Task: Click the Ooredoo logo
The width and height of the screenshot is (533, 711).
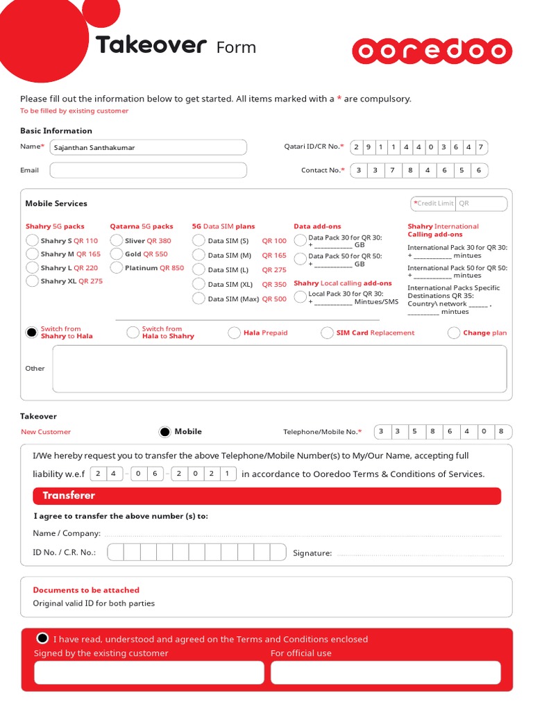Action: pyautogui.click(x=432, y=51)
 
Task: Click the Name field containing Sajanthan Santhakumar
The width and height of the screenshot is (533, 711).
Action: pyautogui.click(x=148, y=147)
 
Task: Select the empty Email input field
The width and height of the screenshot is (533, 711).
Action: pyautogui.click(x=148, y=170)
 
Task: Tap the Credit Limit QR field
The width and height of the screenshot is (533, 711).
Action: pyautogui.click(x=480, y=203)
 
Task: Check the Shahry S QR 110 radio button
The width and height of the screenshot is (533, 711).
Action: pyautogui.click(x=32, y=240)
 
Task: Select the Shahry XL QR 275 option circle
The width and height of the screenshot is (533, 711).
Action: pyautogui.click(x=32, y=281)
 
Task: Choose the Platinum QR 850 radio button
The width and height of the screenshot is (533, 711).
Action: pyautogui.click(x=117, y=267)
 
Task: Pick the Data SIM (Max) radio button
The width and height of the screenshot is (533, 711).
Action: pyautogui.click(x=198, y=299)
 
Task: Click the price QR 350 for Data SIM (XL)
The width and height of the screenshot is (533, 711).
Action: pyautogui.click(x=274, y=284)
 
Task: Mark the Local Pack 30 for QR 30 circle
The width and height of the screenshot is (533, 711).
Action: pyautogui.click(x=300, y=297)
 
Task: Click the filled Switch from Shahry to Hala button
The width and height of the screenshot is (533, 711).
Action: pyautogui.click(x=31, y=333)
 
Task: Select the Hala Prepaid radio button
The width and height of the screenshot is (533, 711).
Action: pyautogui.click(x=235, y=333)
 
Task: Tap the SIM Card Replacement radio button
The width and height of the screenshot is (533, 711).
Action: pyautogui.click(x=327, y=333)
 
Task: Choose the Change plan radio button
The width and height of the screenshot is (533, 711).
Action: pyautogui.click(x=454, y=333)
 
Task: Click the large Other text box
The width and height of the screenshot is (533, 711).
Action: pyautogui.click(x=279, y=369)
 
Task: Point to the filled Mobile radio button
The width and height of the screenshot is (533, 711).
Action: pyautogui.click(x=164, y=432)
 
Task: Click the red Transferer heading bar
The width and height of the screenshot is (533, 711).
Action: pyautogui.click(x=266, y=496)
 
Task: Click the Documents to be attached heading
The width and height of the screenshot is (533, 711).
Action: pyautogui.click(x=86, y=590)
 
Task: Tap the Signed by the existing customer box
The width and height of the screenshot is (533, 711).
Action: pyautogui.click(x=149, y=672)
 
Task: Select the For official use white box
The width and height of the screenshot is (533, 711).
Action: pyautogui.click(x=385, y=672)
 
